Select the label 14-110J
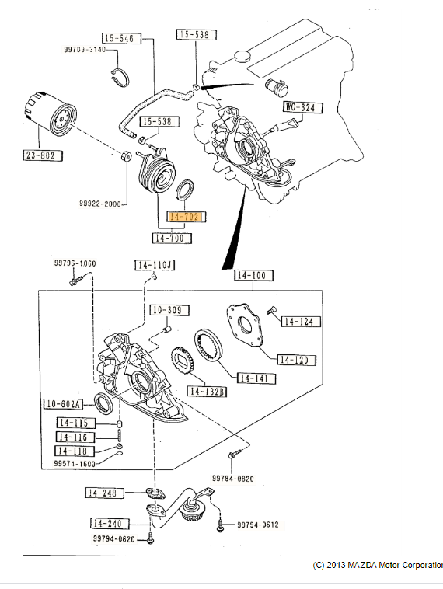point(155,265)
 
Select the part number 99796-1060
point(75,263)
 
